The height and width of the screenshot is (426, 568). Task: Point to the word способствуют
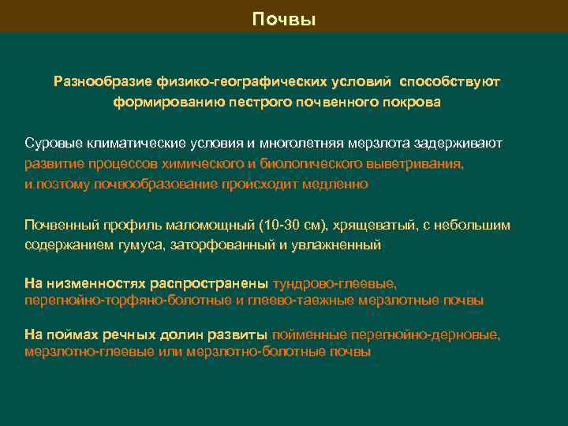449,81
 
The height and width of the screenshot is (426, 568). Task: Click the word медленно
335,184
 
